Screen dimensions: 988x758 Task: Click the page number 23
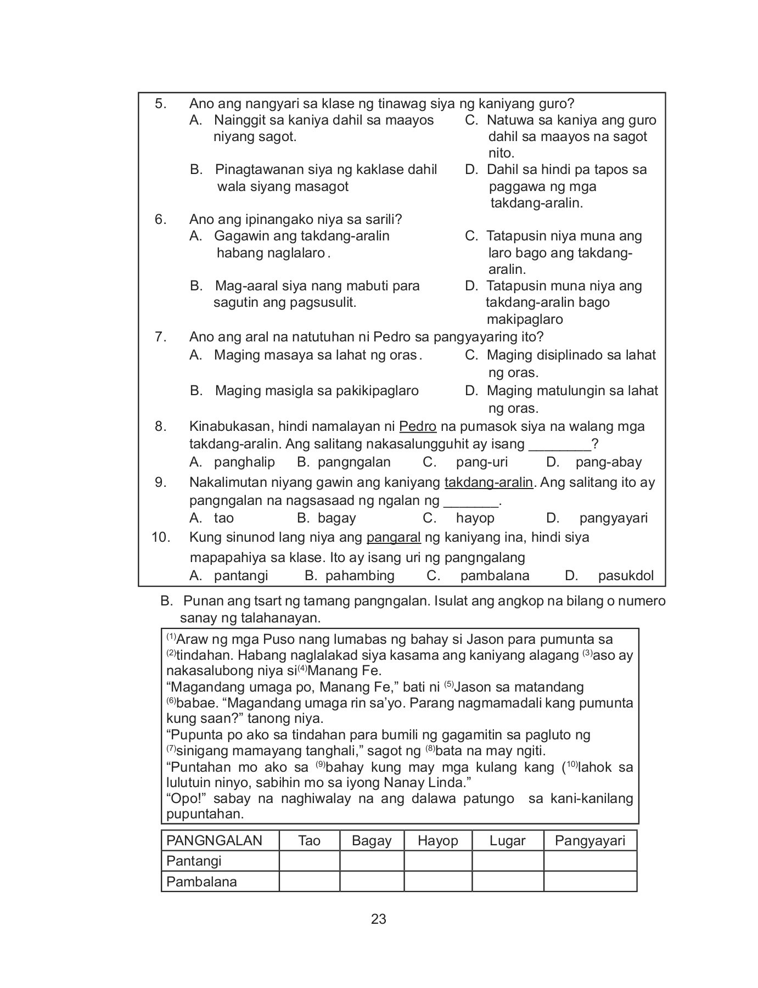click(x=379, y=919)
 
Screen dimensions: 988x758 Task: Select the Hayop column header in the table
click(x=437, y=840)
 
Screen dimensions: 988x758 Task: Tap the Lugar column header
click(x=507, y=840)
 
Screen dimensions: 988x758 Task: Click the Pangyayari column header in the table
click(x=589, y=840)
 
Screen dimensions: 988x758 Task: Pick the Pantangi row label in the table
click(x=194, y=861)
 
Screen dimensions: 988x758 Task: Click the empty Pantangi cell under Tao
click(x=309, y=861)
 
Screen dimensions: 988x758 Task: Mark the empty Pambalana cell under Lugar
click(x=507, y=882)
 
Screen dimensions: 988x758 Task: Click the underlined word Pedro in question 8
click(x=418, y=426)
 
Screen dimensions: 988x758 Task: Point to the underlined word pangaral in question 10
click(x=393, y=537)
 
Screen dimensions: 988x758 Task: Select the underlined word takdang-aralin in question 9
click(x=489, y=482)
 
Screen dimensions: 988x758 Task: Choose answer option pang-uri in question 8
click(x=481, y=462)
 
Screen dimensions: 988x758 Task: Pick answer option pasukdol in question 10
click(x=626, y=575)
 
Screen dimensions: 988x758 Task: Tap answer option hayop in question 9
click(x=475, y=518)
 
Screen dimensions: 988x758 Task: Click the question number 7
click(x=160, y=336)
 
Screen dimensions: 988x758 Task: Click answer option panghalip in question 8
click(x=244, y=462)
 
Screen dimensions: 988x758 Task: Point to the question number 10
click(x=161, y=537)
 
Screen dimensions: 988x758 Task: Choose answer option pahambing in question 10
click(x=360, y=575)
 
